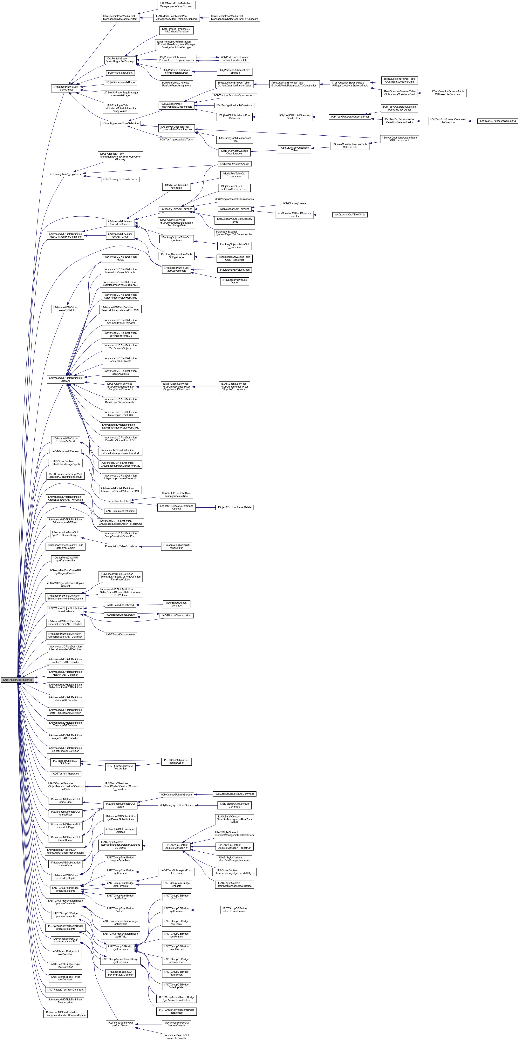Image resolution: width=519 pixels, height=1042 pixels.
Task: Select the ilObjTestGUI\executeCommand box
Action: [x=497, y=121]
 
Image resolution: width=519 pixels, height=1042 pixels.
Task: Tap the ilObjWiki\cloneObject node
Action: [x=120, y=73]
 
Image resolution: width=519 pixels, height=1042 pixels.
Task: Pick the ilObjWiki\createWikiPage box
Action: [x=120, y=83]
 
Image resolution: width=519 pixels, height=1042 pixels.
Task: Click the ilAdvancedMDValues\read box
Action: [x=235, y=270]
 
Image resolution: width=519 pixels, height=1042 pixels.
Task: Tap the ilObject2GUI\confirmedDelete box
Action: [x=235, y=507]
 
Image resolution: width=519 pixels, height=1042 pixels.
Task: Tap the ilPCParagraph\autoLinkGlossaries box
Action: [x=235, y=199]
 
